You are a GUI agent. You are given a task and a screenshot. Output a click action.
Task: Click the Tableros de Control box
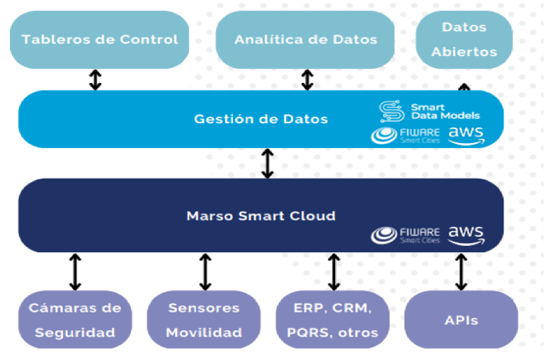tap(100, 40)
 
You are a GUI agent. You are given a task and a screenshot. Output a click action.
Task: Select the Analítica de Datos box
tap(305, 40)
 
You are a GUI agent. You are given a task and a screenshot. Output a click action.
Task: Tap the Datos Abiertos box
tap(464, 40)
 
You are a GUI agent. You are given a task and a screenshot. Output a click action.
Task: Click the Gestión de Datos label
tap(261, 119)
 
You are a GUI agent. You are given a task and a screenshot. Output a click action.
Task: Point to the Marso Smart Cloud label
tap(261, 216)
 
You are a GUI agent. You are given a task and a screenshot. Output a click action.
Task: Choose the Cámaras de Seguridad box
tap(75, 320)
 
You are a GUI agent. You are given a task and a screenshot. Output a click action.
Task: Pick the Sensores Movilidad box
tap(204, 320)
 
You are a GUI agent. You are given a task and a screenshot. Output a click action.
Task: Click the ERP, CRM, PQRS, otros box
tap(332, 320)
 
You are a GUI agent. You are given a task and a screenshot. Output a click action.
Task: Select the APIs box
tap(461, 320)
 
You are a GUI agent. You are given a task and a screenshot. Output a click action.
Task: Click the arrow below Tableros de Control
tap(96, 79)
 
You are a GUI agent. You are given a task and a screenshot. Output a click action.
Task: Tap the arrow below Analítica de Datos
tap(307, 79)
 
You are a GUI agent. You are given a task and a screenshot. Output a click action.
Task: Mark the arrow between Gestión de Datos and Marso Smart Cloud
tap(268, 164)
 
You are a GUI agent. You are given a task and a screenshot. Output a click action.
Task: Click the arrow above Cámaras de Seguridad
tap(75, 272)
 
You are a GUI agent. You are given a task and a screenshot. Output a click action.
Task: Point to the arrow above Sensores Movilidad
tap(205, 272)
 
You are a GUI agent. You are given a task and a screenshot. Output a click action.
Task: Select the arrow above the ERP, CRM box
tap(334, 272)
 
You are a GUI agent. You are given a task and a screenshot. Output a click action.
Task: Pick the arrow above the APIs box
tap(461, 272)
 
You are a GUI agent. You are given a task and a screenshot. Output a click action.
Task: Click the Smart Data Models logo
tap(429, 111)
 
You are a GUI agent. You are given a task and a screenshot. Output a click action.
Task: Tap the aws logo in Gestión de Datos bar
tap(466, 136)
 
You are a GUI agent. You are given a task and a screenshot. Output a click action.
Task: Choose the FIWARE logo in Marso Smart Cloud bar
tap(405, 235)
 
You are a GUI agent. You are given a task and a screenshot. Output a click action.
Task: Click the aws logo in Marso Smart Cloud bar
tap(466, 236)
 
